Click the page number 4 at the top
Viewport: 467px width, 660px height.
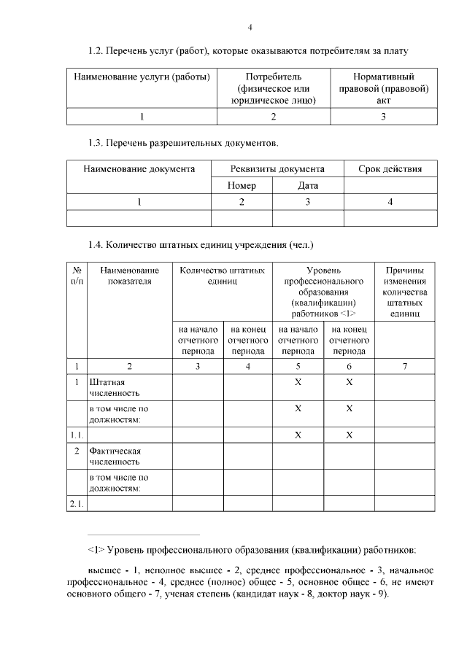tap(250, 28)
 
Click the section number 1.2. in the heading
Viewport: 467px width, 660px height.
tap(95, 51)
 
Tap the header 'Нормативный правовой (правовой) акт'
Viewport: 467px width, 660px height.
tap(384, 88)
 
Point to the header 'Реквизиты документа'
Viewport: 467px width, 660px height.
tap(277, 169)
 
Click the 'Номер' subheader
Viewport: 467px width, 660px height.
tap(242, 185)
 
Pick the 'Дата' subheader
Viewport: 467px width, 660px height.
tap(308, 185)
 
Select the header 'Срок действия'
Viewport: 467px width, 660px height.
tap(390, 169)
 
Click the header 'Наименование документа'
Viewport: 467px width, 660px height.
tap(139, 169)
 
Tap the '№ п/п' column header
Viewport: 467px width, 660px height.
tap(77, 276)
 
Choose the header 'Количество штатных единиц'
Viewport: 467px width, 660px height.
tap(223, 276)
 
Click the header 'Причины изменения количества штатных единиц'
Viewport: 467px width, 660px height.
tap(404, 292)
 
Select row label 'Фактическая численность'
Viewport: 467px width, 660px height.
tap(114, 456)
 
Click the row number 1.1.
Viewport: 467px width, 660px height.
tap(77, 435)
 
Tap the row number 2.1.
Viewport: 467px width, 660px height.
tap(77, 503)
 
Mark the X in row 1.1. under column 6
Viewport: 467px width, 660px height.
tap(349, 435)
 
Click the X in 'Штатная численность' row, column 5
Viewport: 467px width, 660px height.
tap(298, 381)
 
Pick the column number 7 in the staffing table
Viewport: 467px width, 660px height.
tap(404, 366)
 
